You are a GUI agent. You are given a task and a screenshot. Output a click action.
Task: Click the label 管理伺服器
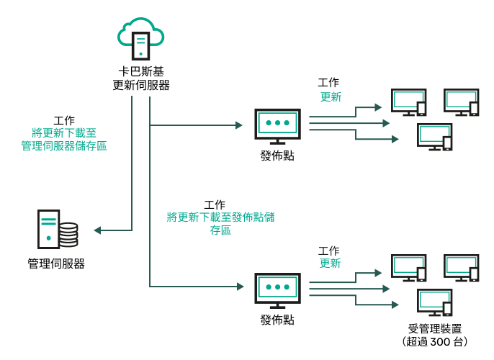pyautogui.click(x=56, y=264)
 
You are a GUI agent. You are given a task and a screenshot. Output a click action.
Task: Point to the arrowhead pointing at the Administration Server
pyautogui.click(x=98, y=230)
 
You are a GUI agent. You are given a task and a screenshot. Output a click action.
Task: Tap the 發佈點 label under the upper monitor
pyautogui.click(x=277, y=156)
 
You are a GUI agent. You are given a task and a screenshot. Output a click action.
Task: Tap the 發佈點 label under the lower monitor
pyautogui.click(x=277, y=319)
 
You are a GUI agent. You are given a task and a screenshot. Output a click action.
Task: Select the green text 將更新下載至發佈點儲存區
pyautogui.click(x=220, y=223)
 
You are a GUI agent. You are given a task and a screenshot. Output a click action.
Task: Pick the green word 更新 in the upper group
pyautogui.click(x=331, y=97)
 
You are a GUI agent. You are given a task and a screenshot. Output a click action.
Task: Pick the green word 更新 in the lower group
pyautogui.click(x=330, y=264)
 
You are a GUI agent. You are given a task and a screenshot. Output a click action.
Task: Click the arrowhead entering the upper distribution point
pyautogui.click(x=239, y=125)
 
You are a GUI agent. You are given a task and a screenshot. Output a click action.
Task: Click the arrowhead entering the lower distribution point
pyautogui.click(x=240, y=287)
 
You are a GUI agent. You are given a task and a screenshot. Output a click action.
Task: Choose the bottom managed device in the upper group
pyautogui.click(x=435, y=137)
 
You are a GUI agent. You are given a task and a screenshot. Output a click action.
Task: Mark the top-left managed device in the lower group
pyautogui.click(x=408, y=268)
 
